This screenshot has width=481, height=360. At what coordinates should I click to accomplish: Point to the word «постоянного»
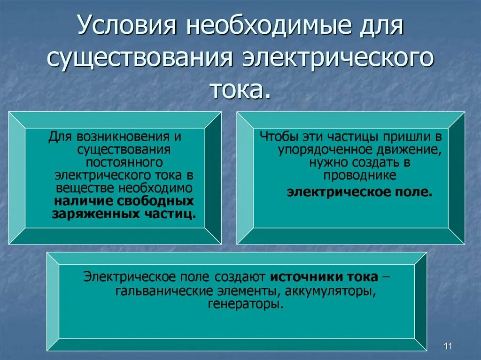(x=124, y=162)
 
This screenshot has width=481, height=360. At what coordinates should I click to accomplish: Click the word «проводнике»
(x=360, y=176)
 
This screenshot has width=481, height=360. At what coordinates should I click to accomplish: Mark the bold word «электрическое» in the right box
(x=330, y=192)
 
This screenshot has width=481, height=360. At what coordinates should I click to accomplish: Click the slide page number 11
(x=447, y=346)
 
